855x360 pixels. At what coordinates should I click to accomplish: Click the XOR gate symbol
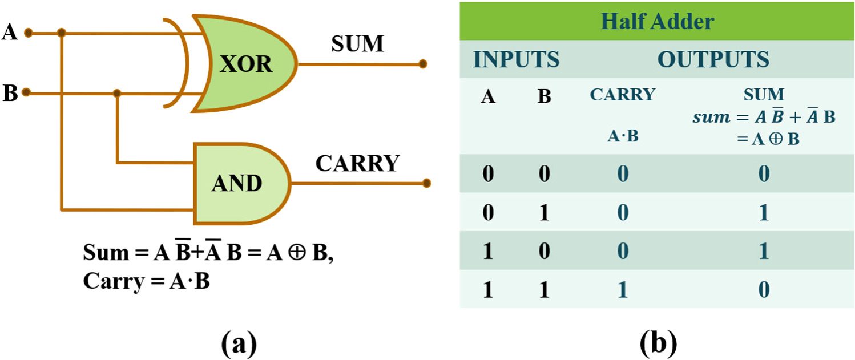tap(245, 63)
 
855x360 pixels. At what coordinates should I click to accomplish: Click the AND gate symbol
tap(237, 182)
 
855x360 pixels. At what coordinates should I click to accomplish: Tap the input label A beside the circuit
tap(10, 33)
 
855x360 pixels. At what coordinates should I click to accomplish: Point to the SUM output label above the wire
tap(358, 44)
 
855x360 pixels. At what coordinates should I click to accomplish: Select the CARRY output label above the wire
tap(357, 164)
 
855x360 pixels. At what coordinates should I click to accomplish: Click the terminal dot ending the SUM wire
tap(422, 64)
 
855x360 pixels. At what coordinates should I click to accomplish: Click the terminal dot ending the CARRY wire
tap(426, 183)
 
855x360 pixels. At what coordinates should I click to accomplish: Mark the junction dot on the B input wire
tap(117, 92)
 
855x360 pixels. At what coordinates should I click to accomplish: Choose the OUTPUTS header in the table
tap(713, 59)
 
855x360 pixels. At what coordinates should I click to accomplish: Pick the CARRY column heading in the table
tap(622, 95)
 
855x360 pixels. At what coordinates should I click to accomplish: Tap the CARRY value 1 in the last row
tap(622, 290)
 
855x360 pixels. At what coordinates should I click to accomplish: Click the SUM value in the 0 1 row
tap(763, 213)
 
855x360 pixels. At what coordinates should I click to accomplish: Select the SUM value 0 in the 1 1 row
tap(763, 290)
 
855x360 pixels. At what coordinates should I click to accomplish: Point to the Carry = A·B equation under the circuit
tap(146, 281)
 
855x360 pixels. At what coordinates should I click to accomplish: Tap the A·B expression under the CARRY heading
tap(622, 137)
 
